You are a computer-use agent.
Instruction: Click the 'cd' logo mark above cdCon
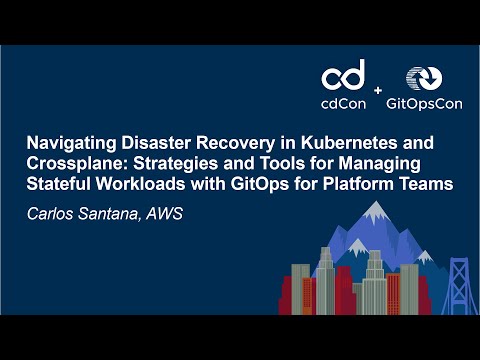point(343,76)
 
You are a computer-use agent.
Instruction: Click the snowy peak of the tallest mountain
point(374,210)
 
